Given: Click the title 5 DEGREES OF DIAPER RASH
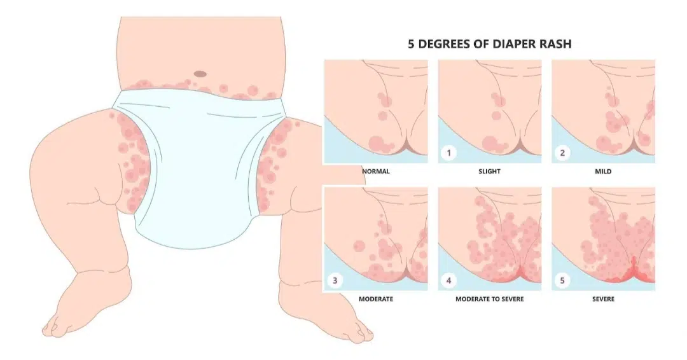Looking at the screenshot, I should coord(490,45).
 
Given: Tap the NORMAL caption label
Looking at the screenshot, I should coord(375,172).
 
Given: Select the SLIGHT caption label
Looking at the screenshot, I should coord(489,172).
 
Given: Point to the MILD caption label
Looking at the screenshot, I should coord(602,172).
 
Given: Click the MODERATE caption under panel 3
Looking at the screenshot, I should coord(375,298).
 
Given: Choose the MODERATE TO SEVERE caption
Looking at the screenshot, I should coord(489,298).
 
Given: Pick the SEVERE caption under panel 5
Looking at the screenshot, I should coord(602,298).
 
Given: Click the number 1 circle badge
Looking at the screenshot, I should coord(448,153).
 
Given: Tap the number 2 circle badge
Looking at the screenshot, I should coord(562,153).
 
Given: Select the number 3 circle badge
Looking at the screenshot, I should coord(335,279).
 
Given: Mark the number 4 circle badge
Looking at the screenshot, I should coord(448,279).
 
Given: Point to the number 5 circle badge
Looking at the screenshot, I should coord(562,279).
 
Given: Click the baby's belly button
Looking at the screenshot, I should coord(200,74).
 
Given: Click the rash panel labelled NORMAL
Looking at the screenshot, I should coord(375,111).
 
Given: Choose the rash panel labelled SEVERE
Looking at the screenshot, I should coord(602,239).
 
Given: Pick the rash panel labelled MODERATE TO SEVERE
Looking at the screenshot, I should coord(489,239).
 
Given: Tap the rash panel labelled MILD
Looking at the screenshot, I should coord(602,111).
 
